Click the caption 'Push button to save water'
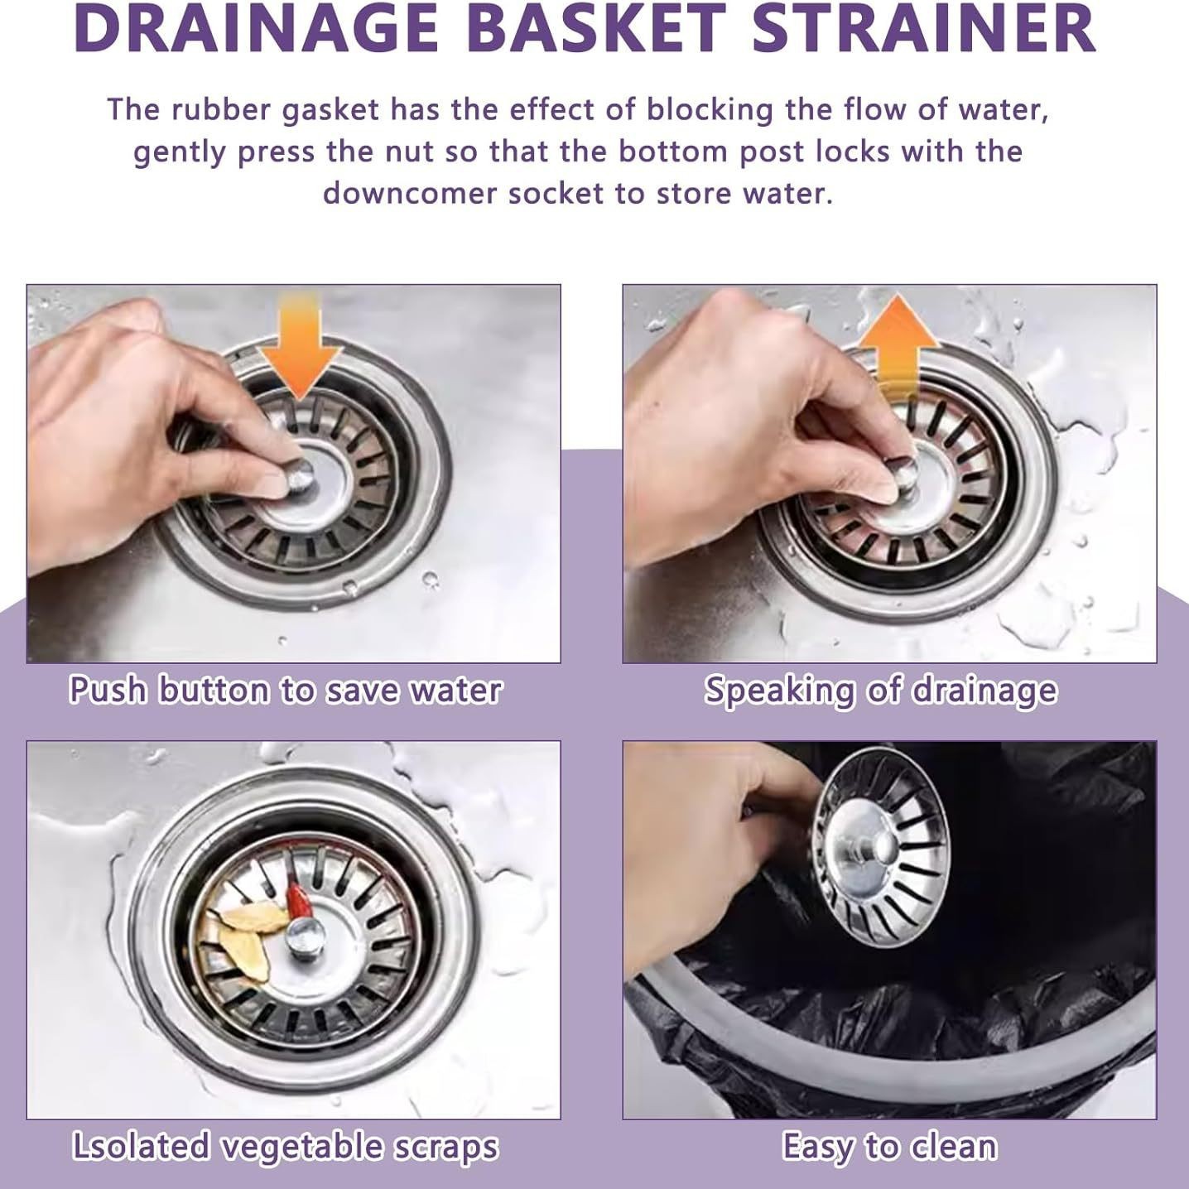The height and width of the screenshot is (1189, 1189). point(285,691)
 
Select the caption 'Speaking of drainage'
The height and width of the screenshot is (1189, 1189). point(880,691)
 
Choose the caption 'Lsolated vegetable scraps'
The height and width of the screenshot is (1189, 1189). point(285,1147)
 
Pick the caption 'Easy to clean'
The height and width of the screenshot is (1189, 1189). point(889,1147)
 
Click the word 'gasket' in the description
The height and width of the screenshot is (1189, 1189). point(330,110)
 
